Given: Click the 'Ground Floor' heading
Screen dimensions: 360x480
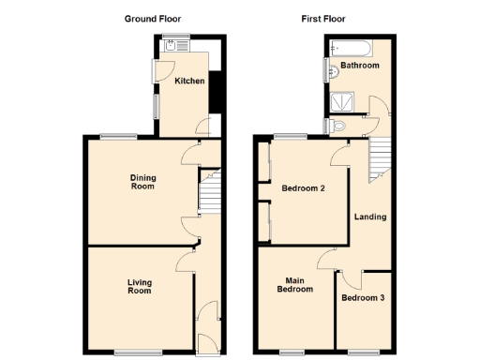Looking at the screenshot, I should pos(154,18).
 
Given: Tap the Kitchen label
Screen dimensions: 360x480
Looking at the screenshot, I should pos(189,82).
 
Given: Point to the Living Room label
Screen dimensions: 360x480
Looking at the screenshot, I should pos(139,286).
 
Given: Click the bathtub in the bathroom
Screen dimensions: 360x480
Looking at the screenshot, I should pos(350,48).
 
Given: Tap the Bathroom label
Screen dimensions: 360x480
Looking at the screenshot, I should pos(359,66).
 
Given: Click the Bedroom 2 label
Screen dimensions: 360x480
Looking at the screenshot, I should pos(303,188).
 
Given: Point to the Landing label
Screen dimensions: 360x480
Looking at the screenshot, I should pos(369,217).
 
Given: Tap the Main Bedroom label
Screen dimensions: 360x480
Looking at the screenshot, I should pos(293,284).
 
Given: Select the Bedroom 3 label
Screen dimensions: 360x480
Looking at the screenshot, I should pos(363,298).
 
